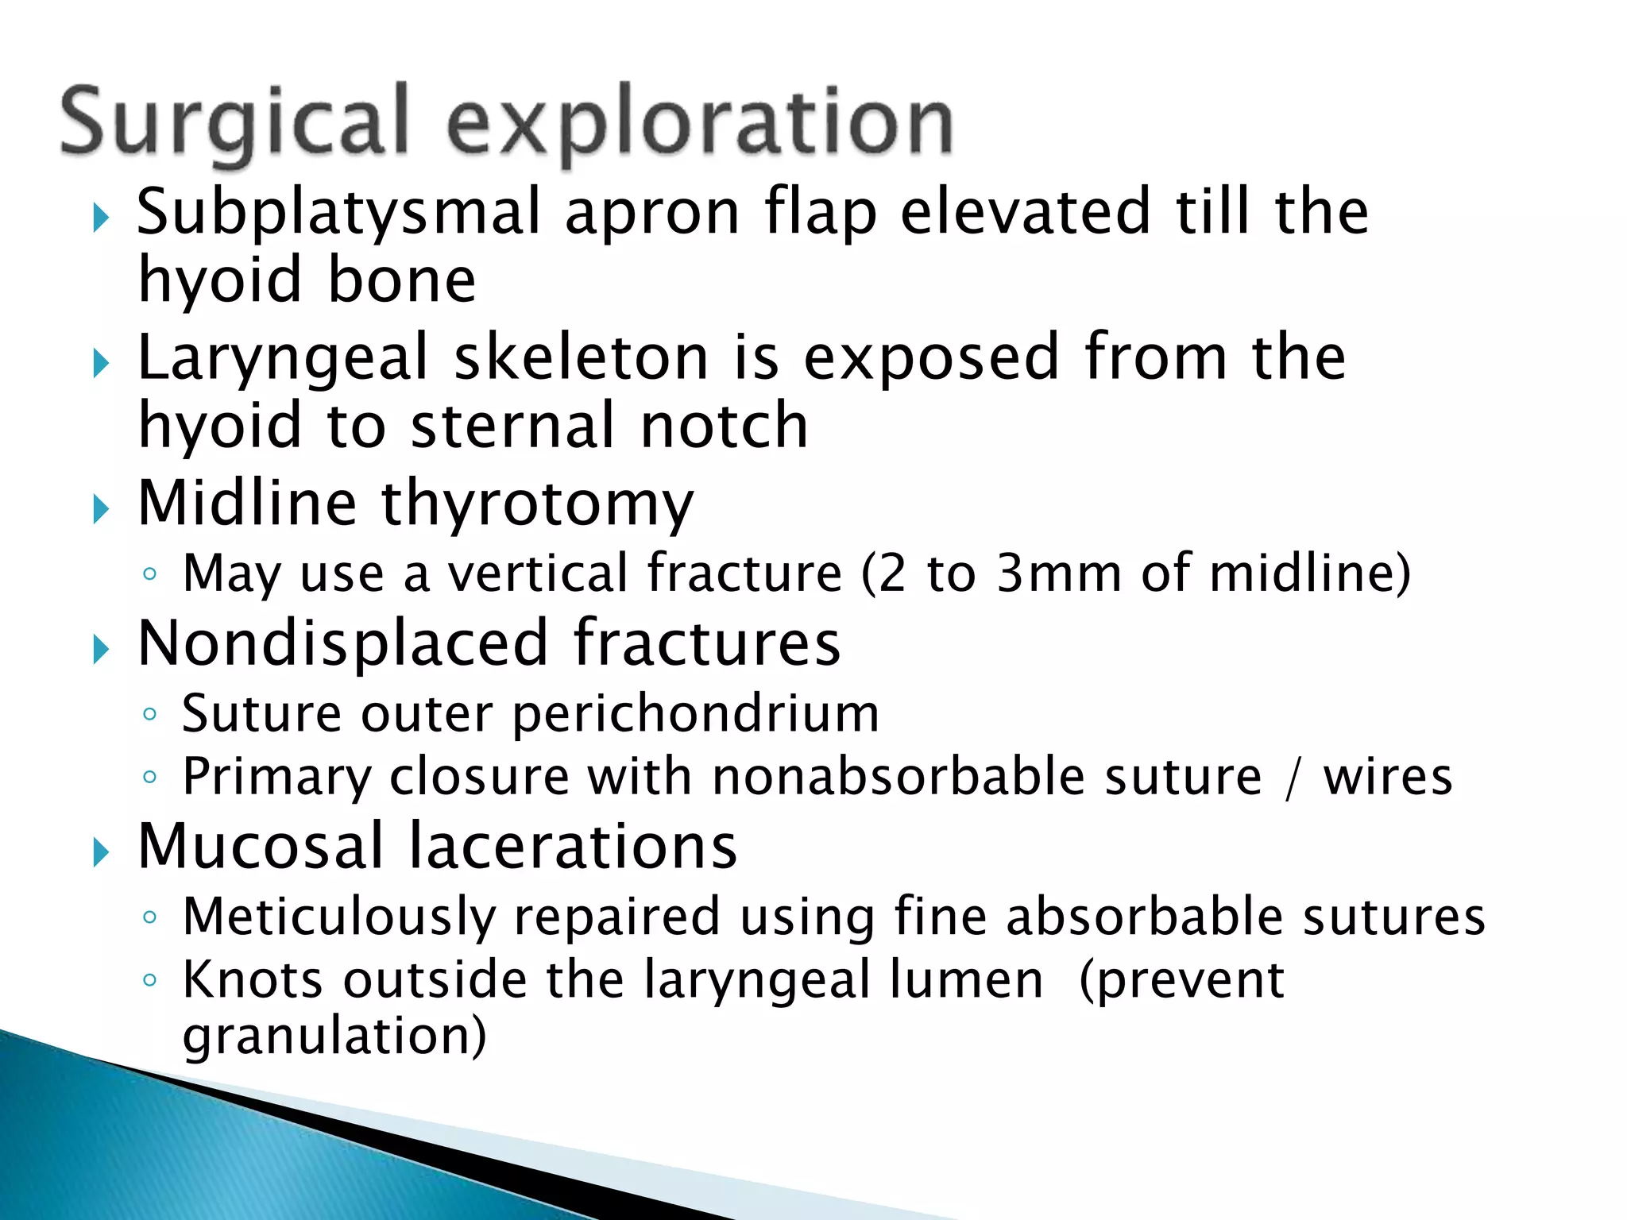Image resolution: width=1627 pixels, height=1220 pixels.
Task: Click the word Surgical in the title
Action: (x=234, y=123)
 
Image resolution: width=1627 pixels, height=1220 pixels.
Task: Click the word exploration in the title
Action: (x=699, y=123)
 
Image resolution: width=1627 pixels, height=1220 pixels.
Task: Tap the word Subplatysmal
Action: (x=339, y=213)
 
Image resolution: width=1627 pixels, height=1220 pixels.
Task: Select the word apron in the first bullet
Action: (x=651, y=213)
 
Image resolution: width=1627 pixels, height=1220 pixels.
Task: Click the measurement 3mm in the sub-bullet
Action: (x=1059, y=573)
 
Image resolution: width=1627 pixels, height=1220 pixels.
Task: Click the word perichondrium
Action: (x=696, y=714)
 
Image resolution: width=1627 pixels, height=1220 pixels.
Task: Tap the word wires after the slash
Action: (x=1387, y=776)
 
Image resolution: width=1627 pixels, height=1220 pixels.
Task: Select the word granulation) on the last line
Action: (x=334, y=1036)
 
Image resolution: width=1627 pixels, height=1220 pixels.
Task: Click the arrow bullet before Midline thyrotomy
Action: (x=100, y=509)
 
